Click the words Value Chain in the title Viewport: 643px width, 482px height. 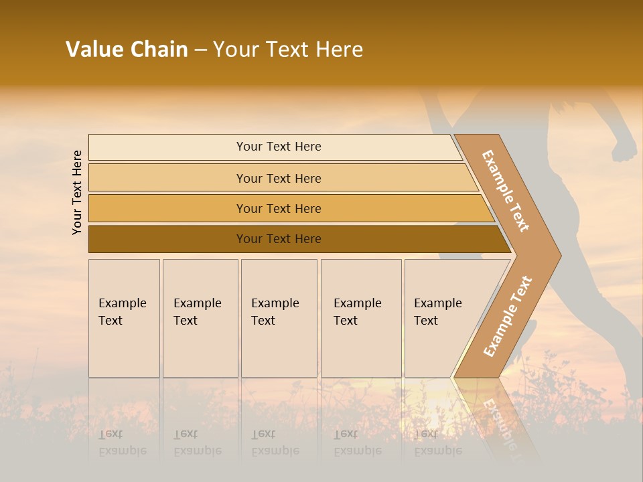(x=127, y=50)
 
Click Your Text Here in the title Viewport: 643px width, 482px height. (x=288, y=50)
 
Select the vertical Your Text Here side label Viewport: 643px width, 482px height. (x=77, y=192)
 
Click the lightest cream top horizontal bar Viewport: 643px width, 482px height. (x=279, y=147)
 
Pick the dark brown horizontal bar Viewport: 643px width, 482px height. (x=279, y=239)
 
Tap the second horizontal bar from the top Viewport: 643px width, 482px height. (x=279, y=178)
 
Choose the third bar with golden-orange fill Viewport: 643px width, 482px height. (x=279, y=208)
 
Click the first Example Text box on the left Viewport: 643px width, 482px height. (x=124, y=318)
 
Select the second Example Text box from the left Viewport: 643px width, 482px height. (x=200, y=318)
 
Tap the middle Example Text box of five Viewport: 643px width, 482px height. (x=279, y=318)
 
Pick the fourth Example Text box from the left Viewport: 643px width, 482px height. (x=360, y=318)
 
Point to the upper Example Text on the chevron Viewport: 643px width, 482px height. (x=506, y=191)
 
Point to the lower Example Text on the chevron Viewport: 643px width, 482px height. (x=508, y=316)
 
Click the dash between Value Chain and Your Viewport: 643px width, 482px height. (x=200, y=50)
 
